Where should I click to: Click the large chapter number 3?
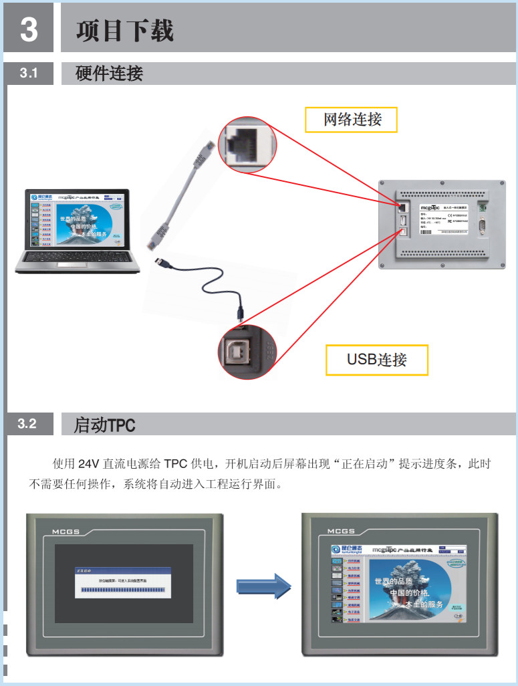(29, 29)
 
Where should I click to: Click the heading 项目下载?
(125, 31)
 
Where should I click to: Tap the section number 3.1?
(29, 74)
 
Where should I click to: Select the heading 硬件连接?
(109, 74)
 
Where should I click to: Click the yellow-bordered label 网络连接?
(352, 120)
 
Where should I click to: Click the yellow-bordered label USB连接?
(376, 360)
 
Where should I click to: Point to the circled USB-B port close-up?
(246, 353)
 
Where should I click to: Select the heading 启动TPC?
(104, 425)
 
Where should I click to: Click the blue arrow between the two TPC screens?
(265, 586)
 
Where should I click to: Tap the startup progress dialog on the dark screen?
(123, 583)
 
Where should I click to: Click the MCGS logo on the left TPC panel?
(66, 532)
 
